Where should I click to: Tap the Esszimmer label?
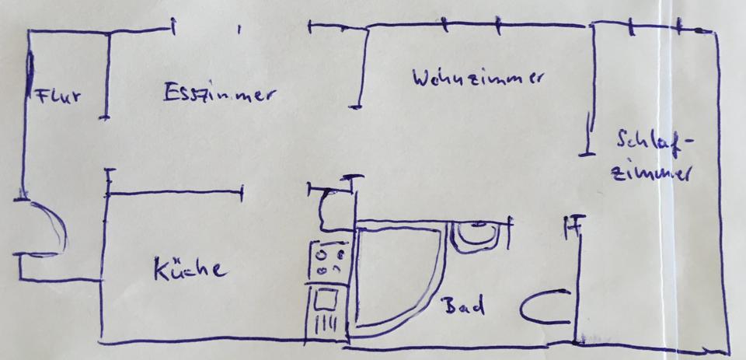click(219, 94)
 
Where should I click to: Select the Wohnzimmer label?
click(478, 79)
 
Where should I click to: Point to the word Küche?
click(190, 269)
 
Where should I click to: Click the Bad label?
click(463, 306)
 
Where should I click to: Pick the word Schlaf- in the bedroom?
click(652, 142)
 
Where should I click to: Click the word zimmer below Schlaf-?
click(651, 172)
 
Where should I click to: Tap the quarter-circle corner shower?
click(392, 276)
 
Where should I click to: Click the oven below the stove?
click(326, 311)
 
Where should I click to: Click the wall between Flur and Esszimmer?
click(105, 74)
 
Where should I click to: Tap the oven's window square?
click(324, 299)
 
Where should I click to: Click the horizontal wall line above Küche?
click(175, 191)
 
